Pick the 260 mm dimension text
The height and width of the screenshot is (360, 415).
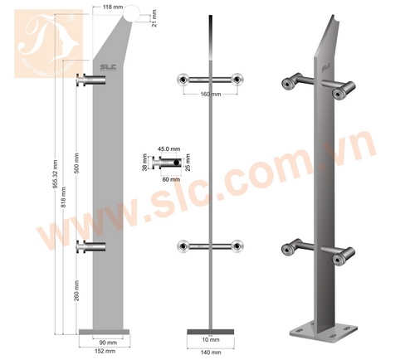tap(76, 290)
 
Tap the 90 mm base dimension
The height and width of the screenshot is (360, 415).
tap(105, 341)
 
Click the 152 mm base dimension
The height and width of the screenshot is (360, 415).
tap(105, 351)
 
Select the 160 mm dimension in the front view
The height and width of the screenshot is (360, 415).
tap(209, 94)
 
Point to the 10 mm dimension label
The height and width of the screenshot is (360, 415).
tap(209, 340)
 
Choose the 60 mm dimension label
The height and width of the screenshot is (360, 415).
tap(171, 178)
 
